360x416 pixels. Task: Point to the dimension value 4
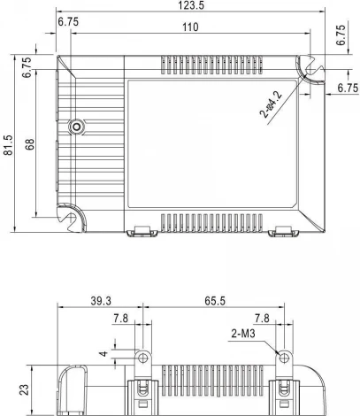tap(103, 354)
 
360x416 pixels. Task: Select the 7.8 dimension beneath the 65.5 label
tap(262, 319)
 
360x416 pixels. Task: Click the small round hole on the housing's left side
tap(77, 126)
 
